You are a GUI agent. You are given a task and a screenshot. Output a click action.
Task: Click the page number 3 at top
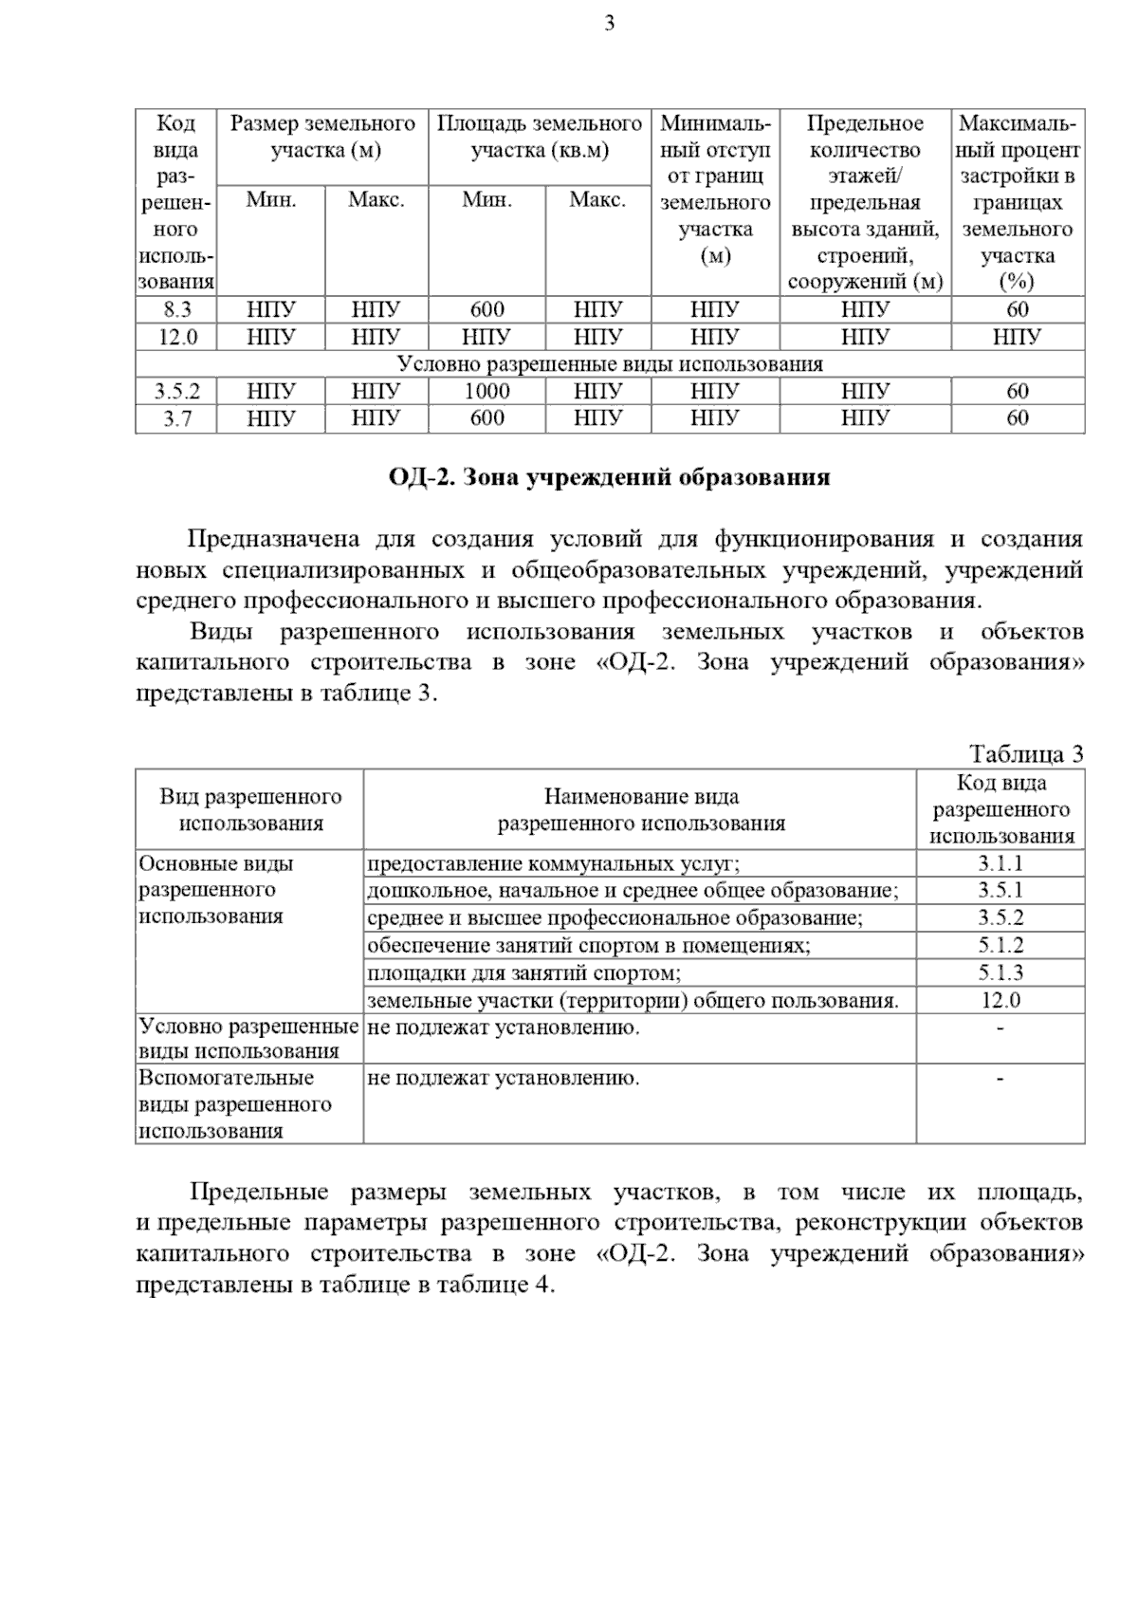coord(609,24)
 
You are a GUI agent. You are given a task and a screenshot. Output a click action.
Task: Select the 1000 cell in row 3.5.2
coord(486,391)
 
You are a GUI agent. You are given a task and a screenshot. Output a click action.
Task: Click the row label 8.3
coord(176,309)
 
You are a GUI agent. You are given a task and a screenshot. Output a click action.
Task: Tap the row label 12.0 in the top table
coord(176,337)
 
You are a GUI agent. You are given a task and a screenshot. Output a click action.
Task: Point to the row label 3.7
coord(176,418)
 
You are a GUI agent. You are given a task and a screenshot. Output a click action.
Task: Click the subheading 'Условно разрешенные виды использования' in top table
coord(609,364)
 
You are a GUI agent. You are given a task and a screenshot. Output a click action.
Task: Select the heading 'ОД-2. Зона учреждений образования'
coord(609,477)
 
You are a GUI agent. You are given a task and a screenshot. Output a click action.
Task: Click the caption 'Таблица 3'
coord(1025,754)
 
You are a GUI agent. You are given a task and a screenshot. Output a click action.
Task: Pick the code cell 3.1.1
coord(1000,863)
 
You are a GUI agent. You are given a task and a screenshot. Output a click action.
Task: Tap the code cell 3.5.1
coord(1000,891)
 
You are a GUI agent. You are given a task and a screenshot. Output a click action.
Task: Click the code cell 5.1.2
coord(1000,945)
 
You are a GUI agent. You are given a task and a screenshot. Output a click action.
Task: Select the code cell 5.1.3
coord(1000,972)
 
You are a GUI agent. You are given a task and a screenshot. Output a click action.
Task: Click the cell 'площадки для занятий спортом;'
coord(523,972)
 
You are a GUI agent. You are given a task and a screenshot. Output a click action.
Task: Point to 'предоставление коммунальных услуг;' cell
coord(553,863)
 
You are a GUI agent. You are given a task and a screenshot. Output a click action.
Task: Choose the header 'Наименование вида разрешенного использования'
coord(641,809)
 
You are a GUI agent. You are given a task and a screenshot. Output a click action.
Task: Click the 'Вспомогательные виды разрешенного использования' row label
coord(235,1104)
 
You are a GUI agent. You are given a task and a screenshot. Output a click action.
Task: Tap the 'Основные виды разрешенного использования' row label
coord(216,890)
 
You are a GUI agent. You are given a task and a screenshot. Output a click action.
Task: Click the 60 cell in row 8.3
coord(1017,309)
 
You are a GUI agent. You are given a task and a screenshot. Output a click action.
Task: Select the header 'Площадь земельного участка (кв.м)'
coord(539,138)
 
